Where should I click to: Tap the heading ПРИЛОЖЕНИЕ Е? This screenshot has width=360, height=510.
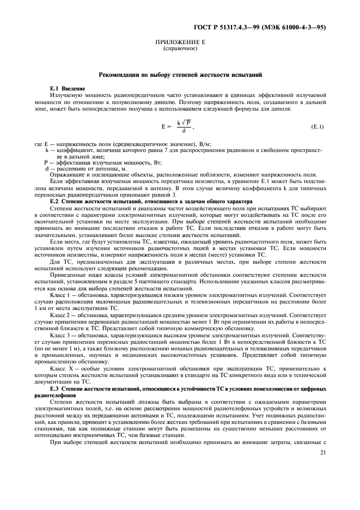tap(179, 42)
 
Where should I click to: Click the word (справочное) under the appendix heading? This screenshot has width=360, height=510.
tap(179, 48)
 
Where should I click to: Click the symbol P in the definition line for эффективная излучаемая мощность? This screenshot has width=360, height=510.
tap(46, 162)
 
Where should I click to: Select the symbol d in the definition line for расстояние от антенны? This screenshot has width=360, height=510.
tap(46, 168)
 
